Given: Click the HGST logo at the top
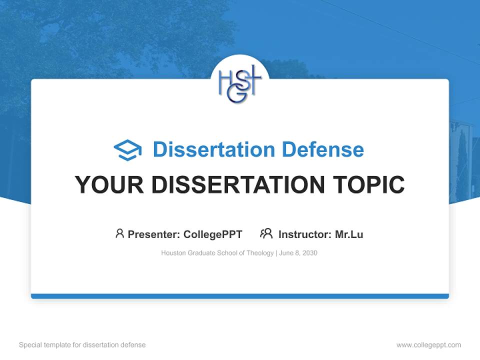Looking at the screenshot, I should pos(240,83).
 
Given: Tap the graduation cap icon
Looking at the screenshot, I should pos(127,150).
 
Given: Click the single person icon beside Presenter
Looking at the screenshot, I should pos(119,233).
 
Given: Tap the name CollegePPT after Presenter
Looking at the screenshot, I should pos(213,234).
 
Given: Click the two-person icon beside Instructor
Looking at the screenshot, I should pos(266,233).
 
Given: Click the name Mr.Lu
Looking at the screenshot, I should pos(349,234).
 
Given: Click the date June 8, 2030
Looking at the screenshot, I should pos(298,253).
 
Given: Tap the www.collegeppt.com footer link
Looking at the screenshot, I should pos(428,345).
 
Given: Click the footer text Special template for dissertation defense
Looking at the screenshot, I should pos(82,345).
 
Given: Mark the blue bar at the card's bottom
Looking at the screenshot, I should pos(240,296).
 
